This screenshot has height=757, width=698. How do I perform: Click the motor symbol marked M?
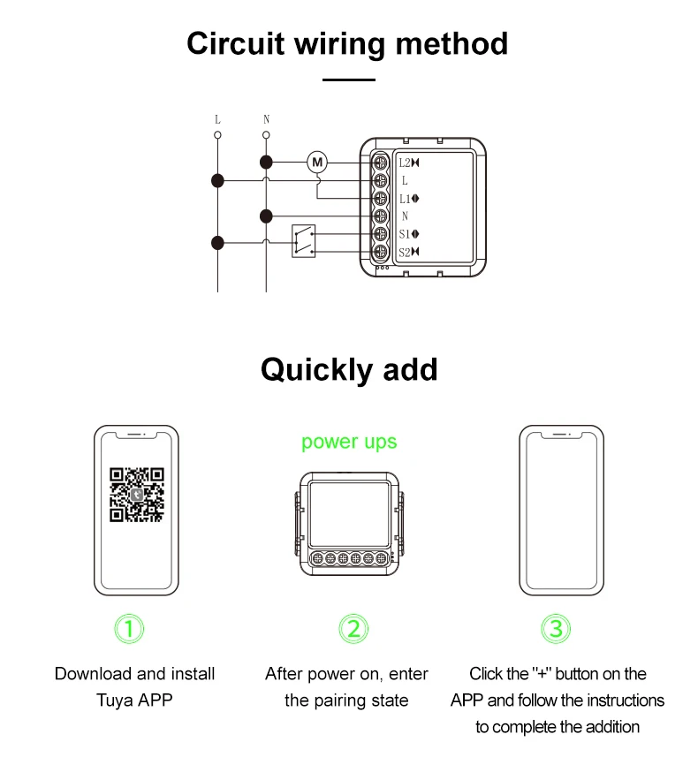(317, 162)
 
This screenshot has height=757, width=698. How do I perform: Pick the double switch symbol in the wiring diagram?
(303, 241)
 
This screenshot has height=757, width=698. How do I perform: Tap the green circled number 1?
(130, 629)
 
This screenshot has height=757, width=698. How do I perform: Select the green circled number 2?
(353, 629)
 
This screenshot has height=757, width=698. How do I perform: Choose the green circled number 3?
(556, 629)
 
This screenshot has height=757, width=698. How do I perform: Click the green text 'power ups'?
(349, 442)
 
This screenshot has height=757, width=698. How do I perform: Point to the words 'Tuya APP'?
(134, 700)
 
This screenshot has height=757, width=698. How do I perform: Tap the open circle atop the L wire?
(217, 135)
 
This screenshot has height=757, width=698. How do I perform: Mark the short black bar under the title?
(348, 79)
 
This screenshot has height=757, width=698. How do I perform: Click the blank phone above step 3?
(561, 510)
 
